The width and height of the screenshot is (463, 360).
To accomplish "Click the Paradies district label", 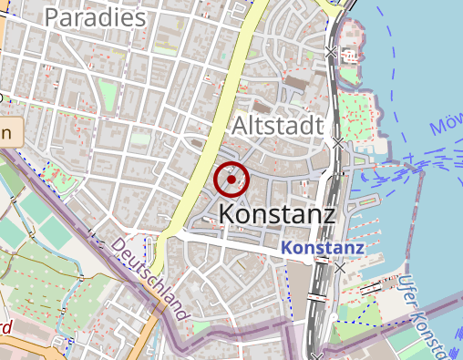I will pos(95,17).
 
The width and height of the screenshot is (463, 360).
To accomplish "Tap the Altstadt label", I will pos(278,125).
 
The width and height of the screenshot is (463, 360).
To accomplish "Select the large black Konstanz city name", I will pos(278,213).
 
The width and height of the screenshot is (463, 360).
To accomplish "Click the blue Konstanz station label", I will pos(323,248).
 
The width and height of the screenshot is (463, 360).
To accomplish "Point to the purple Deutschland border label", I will pos(150,279).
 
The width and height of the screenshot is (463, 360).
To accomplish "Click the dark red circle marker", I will pos(231,180).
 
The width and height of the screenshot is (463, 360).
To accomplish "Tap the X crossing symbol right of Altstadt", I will pos(338,143).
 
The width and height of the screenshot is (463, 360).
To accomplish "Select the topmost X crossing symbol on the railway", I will pos(332,53).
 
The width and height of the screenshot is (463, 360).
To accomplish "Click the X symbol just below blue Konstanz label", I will pos(340,268).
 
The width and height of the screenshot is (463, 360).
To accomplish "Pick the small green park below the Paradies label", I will pos(108,92).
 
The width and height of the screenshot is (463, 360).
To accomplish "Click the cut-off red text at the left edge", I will pos(5,326).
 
